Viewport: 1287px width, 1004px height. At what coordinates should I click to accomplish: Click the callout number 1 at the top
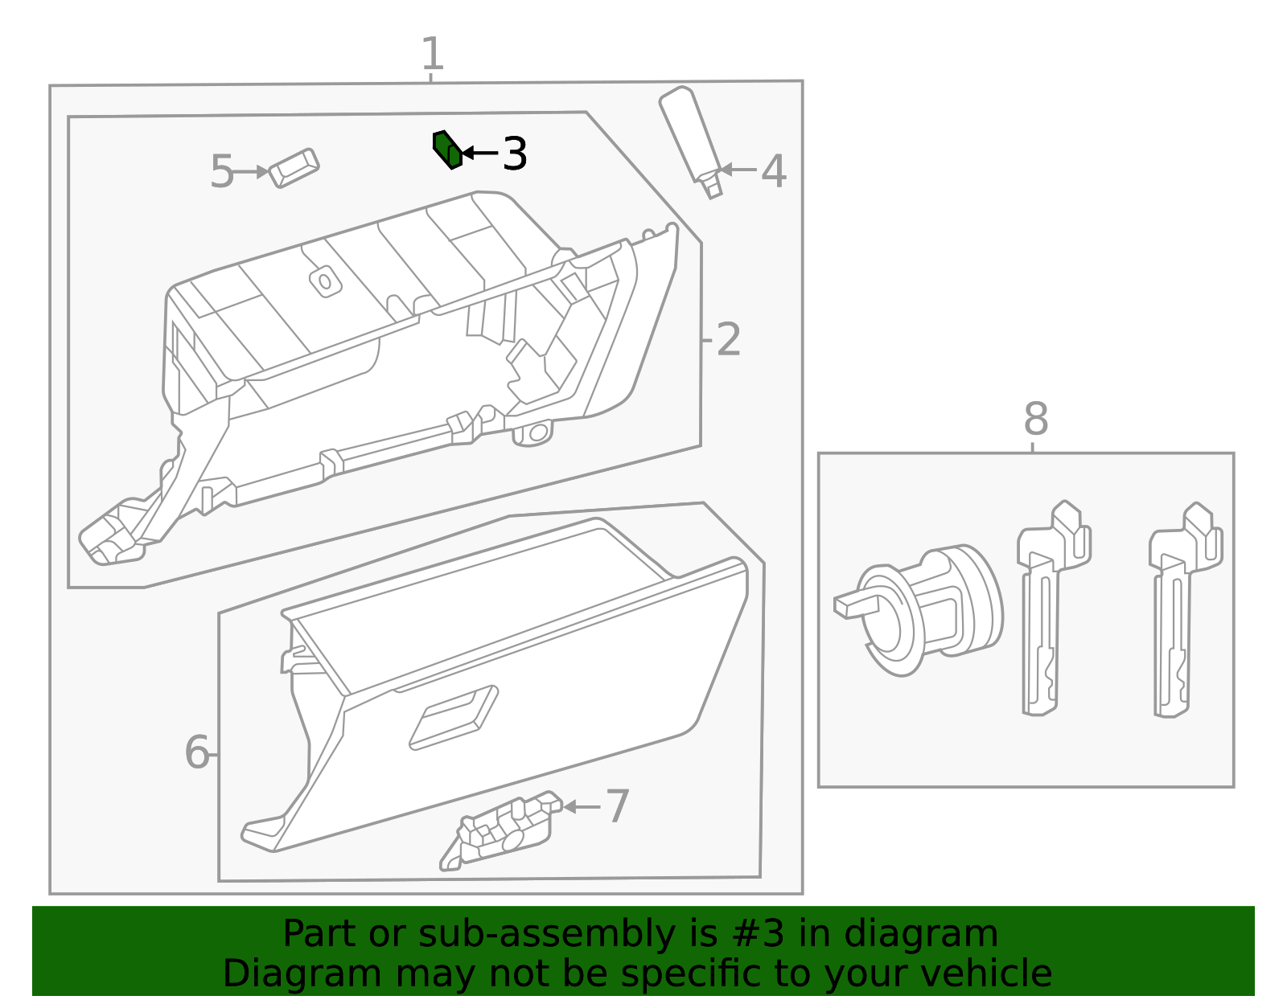433,54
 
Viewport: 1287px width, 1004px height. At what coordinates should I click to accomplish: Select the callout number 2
728,340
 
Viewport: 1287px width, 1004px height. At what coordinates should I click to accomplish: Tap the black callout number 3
515,154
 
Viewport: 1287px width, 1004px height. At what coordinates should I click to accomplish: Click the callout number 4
773,171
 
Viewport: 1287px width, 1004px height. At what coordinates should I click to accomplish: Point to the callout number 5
221,172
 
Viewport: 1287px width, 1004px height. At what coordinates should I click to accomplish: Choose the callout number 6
196,753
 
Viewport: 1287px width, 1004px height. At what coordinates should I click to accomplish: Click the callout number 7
617,806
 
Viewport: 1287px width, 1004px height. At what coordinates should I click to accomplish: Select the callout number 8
1036,419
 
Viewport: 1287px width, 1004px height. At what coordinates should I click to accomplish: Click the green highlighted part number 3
447,150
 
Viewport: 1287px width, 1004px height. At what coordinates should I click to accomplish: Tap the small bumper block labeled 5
294,167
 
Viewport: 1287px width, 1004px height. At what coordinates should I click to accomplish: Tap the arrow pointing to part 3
479,153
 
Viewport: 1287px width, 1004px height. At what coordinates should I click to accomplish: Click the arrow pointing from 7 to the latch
582,806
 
